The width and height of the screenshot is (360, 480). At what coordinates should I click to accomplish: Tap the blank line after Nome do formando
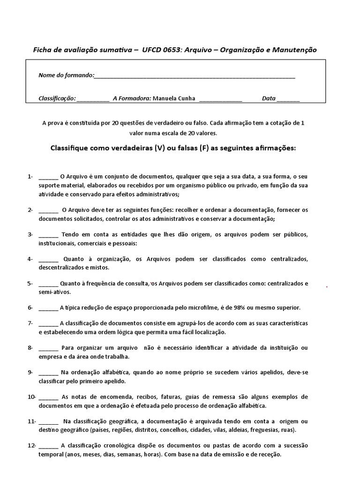195,76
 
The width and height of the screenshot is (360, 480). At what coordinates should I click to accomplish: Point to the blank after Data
288,99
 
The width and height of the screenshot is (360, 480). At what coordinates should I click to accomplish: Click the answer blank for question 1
48,178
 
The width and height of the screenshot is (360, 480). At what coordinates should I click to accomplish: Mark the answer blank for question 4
48,260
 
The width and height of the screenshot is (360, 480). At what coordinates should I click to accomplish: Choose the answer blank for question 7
48,324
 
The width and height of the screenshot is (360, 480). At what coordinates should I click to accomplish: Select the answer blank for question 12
48,446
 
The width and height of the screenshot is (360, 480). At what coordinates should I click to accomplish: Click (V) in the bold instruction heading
159,148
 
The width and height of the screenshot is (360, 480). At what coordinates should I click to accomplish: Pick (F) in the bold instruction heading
203,148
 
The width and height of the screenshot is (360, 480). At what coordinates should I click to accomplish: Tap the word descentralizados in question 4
60,268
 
